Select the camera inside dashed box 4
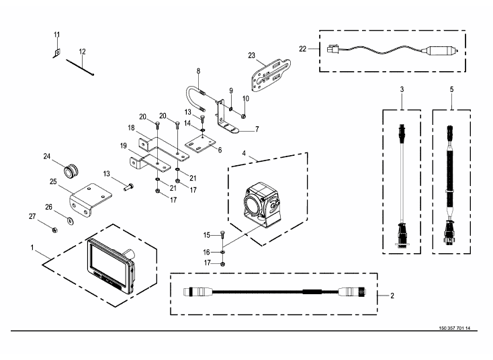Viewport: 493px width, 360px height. [x=261, y=204]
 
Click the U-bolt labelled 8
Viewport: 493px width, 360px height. [x=195, y=97]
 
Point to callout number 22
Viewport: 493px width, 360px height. [x=302, y=49]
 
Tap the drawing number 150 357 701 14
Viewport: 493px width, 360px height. [x=454, y=328]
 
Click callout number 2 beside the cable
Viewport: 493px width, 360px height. [x=392, y=296]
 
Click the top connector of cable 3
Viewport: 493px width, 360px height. [x=402, y=132]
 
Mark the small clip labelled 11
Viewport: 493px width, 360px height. [x=57, y=53]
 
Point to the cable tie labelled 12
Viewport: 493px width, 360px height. [x=80, y=68]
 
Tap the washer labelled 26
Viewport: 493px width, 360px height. [x=71, y=220]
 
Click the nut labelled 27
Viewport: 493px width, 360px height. [x=54, y=230]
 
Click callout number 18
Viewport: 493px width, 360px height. [x=131, y=128]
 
